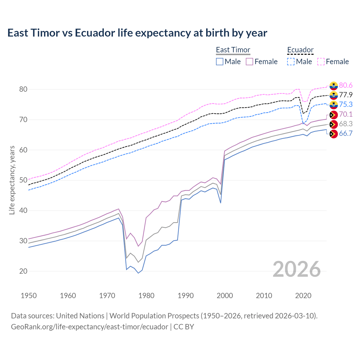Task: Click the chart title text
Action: point(137,33)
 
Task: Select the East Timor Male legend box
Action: point(220,62)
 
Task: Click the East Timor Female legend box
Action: point(249,62)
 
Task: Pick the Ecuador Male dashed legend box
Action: point(291,62)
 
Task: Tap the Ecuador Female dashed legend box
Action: point(321,62)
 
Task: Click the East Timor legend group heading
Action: point(233,50)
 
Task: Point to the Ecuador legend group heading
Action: point(300,50)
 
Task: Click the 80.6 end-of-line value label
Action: point(346,85)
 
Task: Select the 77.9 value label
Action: point(346,95)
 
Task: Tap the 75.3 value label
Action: point(346,104)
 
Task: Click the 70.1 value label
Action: point(346,114)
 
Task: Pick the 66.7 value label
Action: point(346,133)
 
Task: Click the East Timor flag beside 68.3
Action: point(333,124)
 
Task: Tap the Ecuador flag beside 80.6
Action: point(333,85)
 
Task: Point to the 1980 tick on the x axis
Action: point(147,296)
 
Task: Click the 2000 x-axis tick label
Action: point(225,296)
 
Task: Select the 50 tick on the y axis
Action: point(23,180)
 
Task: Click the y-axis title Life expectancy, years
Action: point(12,180)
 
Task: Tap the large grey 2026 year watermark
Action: point(297,269)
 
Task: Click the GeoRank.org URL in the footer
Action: point(89,327)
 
